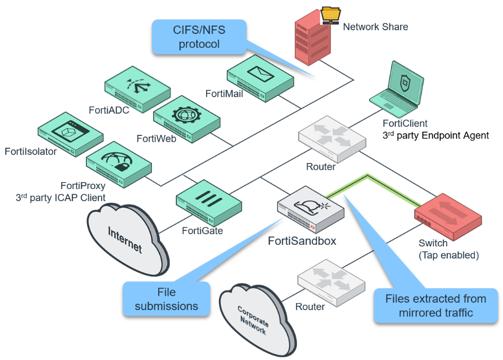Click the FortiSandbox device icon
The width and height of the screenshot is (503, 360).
[x=311, y=210]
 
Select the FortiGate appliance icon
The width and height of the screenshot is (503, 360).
[x=208, y=201]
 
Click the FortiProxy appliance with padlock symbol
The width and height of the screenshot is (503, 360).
[x=118, y=163]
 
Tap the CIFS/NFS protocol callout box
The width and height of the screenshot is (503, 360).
[x=199, y=37]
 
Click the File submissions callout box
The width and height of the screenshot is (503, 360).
[x=166, y=299]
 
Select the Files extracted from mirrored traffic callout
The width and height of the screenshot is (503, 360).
[x=436, y=305]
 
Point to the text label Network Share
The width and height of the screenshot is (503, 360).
[x=375, y=27]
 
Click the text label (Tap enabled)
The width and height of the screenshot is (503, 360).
[x=449, y=255]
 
